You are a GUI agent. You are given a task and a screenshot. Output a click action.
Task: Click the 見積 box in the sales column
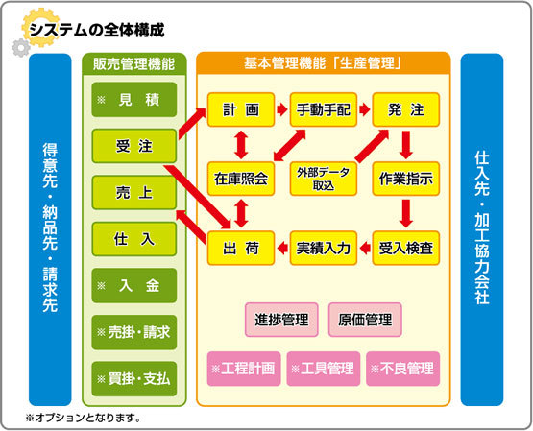pos(134,100)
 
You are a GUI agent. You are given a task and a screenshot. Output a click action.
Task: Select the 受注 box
pos(134,146)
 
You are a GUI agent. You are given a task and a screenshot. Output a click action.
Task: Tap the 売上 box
pos(134,193)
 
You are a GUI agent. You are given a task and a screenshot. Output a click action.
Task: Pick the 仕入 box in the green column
pos(134,239)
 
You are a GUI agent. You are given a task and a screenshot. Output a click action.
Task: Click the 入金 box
pos(134,286)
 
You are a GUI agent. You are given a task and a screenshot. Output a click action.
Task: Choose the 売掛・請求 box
pos(134,332)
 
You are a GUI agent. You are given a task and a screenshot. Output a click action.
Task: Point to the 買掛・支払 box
pos(134,379)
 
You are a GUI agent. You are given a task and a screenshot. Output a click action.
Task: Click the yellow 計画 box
pos(241,109)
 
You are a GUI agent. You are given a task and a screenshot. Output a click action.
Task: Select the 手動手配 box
pos(324,109)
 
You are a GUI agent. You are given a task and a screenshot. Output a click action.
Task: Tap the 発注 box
pos(406,109)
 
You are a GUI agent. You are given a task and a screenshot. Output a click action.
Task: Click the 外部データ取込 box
pos(324,179)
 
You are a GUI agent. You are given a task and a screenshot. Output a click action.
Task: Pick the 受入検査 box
pos(406,249)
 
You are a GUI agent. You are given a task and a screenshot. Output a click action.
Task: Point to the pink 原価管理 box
pos(365,320)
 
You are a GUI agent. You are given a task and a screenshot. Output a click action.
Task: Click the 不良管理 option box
pos(402,369)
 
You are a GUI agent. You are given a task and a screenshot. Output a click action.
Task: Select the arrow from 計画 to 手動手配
pos(282,109)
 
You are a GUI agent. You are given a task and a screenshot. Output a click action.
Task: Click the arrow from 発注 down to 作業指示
pos(406,145)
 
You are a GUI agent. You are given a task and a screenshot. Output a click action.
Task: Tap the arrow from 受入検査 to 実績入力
pos(365,248)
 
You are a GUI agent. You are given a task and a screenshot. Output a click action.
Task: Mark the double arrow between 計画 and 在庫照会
pos(241,144)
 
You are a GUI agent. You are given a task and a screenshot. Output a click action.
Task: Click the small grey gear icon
pos(21,48)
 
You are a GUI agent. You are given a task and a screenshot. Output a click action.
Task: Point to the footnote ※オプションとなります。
pos(83,418)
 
